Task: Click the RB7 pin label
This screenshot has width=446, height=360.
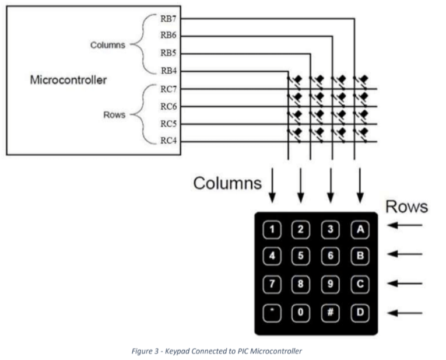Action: tap(168, 19)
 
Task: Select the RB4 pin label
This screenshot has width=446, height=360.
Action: tap(168, 71)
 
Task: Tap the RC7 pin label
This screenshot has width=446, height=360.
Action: tap(168, 89)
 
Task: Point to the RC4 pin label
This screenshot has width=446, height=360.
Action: tap(168, 141)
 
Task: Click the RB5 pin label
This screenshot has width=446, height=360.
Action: tap(168, 54)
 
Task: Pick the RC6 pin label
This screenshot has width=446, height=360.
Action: tap(168, 107)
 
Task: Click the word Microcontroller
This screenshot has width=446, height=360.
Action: tap(68, 80)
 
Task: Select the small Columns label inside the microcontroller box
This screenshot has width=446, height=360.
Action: tap(107, 45)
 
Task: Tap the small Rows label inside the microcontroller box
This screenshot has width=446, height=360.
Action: tap(114, 115)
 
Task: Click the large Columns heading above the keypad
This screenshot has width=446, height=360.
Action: tap(227, 183)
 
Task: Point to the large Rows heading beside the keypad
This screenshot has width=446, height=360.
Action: tap(406, 207)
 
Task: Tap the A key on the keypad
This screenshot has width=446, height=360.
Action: tap(360, 229)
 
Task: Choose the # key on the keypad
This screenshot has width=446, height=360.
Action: tap(331, 312)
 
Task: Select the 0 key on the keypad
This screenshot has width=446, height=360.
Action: tap(301, 312)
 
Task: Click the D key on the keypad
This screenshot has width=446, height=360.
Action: tap(360, 312)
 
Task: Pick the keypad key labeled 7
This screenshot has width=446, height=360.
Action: tap(271, 285)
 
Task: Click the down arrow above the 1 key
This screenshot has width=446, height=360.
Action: tap(272, 186)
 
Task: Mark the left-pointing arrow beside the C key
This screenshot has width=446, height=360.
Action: tap(405, 284)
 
